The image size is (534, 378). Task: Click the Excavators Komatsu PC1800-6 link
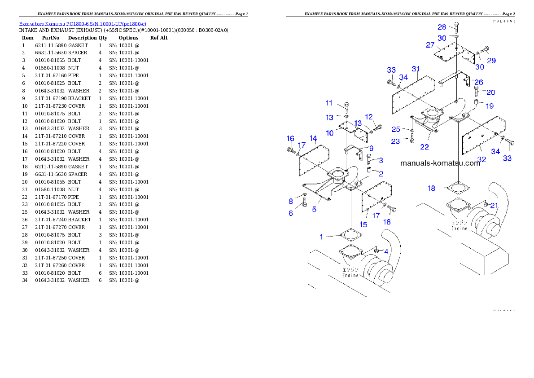(x=82, y=23)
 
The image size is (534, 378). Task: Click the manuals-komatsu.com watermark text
(x=440, y=163)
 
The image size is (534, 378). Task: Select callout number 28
(x=442, y=27)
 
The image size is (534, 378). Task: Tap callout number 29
(x=491, y=60)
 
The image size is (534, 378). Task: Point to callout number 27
(x=430, y=45)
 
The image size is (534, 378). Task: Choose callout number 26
(x=479, y=82)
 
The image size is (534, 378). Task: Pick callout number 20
(x=490, y=92)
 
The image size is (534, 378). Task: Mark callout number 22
(x=424, y=147)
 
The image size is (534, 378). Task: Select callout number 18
(x=431, y=188)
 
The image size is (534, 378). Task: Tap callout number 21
(x=494, y=206)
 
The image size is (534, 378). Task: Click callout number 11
(x=329, y=103)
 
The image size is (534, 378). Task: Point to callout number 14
(x=313, y=138)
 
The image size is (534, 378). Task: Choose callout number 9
(x=371, y=148)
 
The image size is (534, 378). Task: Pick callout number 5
(x=314, y=209)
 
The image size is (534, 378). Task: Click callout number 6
(x=291, y=213)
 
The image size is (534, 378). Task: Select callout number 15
(x=363, y=224)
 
